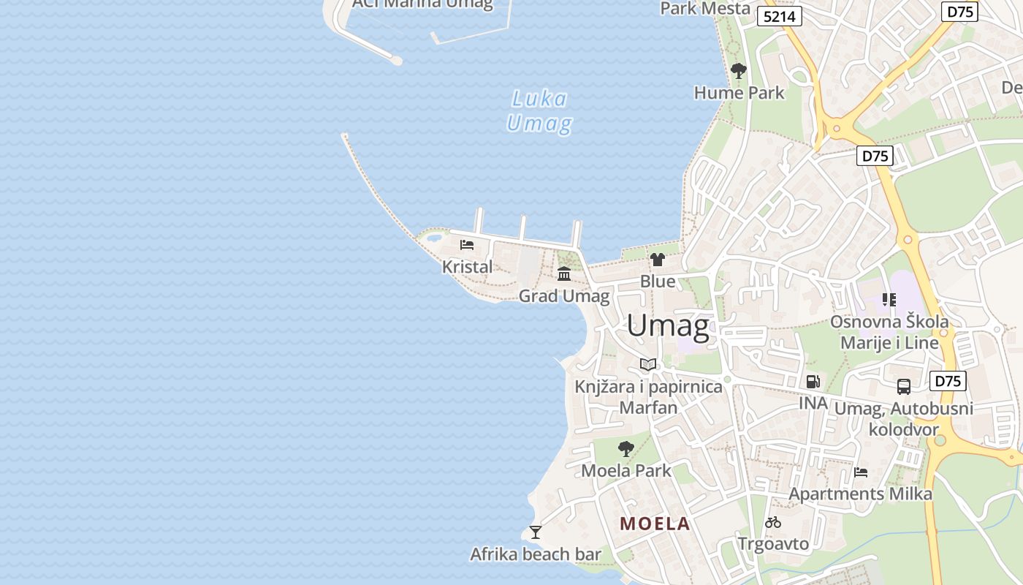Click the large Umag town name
point(667,326)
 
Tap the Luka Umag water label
point(539,111)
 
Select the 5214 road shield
point(780,16)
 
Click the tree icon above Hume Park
point(739,71)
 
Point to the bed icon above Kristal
point(467,245)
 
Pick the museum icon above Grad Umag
point(564,274)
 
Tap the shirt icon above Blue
point(658,260)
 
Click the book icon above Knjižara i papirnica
point(648,364)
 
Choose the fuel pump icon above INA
point(813,381)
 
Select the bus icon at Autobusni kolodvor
point(904,387)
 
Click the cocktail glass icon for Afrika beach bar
point(536,532)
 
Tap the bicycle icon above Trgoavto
point(773,522)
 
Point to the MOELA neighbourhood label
point(655,524)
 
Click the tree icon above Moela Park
point(625,448)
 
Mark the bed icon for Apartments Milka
point(861,472)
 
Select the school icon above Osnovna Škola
point(889,299)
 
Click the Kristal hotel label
point(468,267)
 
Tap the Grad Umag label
point(564,296)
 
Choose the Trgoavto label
point(773,544)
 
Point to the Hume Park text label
point(739,93)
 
